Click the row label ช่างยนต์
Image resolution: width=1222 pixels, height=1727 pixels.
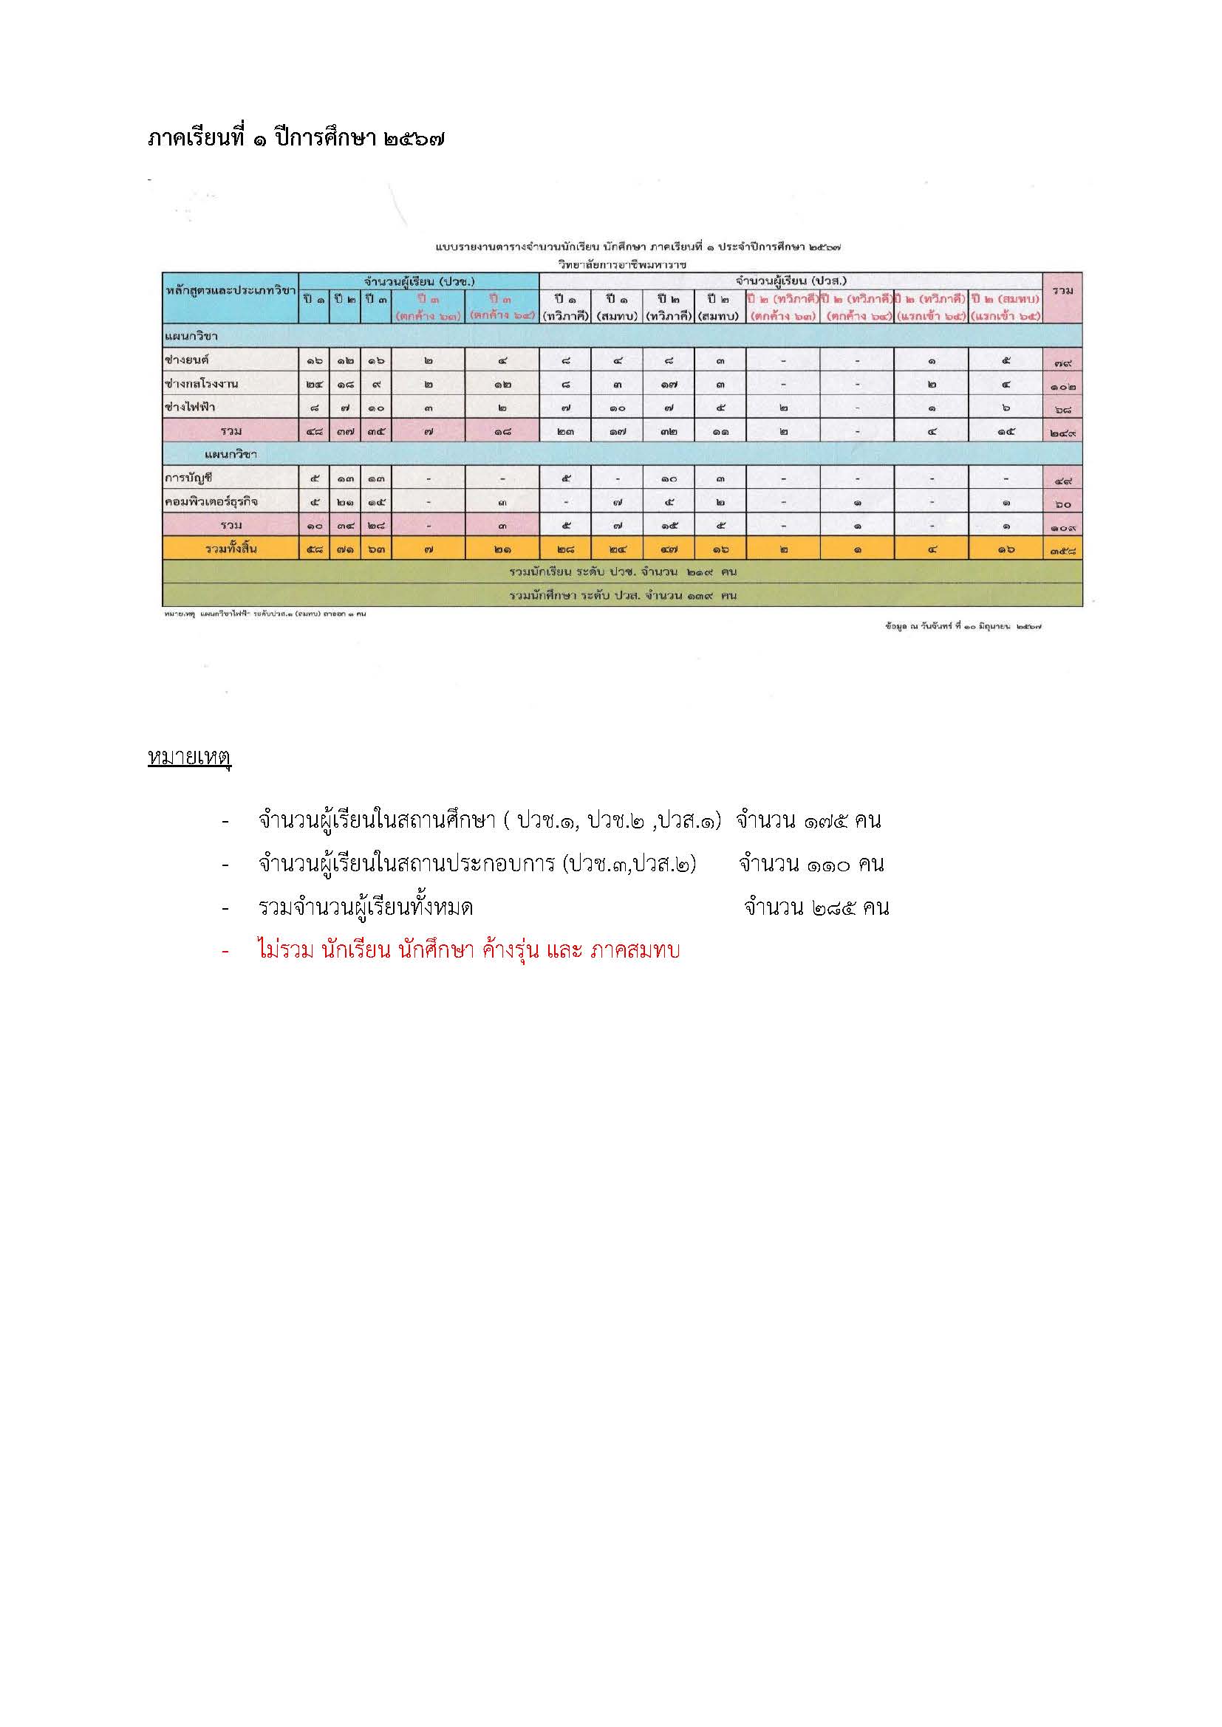coord(187,360)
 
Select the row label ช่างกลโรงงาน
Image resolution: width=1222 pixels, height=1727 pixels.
coord(201,384)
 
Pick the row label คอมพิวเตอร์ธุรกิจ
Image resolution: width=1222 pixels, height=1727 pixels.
coord(205,501)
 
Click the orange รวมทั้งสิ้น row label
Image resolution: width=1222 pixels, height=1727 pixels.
coord(231,549)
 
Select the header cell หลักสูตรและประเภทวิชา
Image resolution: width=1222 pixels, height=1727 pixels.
coord(231,290)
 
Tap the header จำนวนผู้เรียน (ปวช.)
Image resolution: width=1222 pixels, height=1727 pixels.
coord(418,281)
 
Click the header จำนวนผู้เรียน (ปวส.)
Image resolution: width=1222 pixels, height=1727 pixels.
coord(791,281)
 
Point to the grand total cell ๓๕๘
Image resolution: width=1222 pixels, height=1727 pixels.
coord(1062,551)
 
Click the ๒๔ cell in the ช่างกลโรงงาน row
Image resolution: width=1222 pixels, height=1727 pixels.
coord(315,385)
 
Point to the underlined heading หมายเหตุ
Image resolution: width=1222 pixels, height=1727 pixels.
coord(189,758)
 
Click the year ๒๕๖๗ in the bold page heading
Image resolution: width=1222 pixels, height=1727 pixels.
coord(413,139)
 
